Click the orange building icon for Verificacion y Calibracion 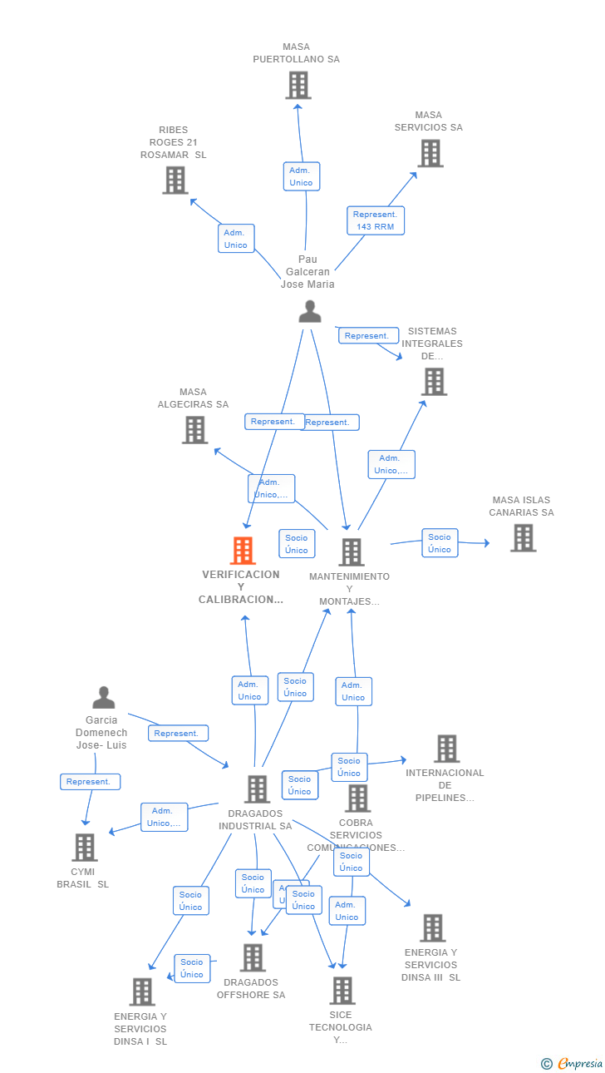[x=242, y=551]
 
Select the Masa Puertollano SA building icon [x=298, y=85]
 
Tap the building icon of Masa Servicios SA [x=430, y=153]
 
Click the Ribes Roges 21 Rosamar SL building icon [x=175, y=180]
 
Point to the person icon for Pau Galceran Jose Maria [x=309, y=311]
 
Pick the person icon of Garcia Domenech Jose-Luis [x=104, y=698]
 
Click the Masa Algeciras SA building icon [x=194, y=430]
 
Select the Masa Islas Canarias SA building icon [x=522, y=538]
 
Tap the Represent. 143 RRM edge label [x=376, y=220]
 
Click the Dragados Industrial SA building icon [x=257, y=789]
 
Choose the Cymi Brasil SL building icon [x=84, y=848]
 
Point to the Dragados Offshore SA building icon [x=253, y=957]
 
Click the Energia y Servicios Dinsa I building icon [x=141, y=991]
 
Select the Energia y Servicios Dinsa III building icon [x=432, y=928]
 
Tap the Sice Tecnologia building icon [x=342, y=991]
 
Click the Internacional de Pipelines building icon [x=446, y=749]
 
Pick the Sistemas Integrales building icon [x=434, y=382]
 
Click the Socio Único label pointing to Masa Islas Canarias [x=440, y=543]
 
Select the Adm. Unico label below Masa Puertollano [x=301, y=176]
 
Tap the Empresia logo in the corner [x=573, y=1063]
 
